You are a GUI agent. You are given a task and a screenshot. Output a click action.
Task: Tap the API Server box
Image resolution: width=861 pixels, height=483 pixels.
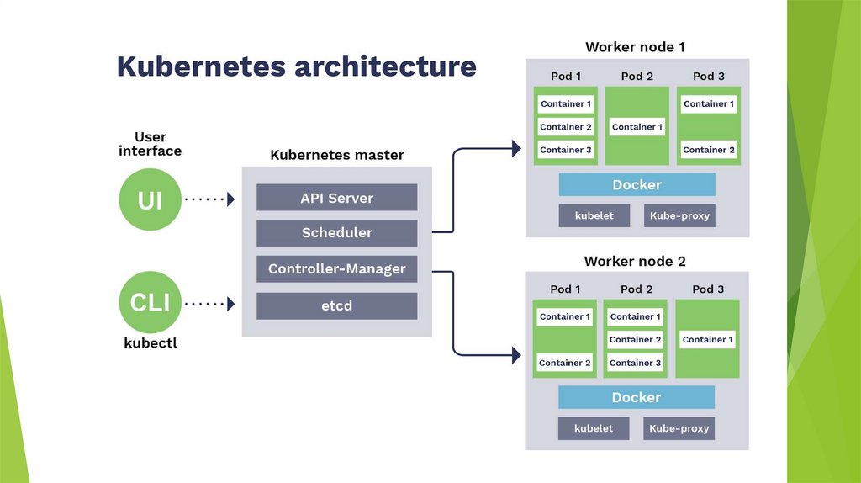tap(336, 198)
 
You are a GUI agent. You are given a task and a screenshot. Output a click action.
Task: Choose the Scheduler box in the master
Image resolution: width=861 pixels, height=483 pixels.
tap(336, 233)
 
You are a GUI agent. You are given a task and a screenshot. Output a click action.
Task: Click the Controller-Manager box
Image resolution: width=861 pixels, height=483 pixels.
tap(336, 269)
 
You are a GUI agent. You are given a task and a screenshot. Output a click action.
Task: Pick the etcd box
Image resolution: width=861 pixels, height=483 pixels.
tap(336, 305)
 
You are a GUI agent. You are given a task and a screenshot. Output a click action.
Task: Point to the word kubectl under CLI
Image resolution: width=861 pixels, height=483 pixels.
tap(151, 343)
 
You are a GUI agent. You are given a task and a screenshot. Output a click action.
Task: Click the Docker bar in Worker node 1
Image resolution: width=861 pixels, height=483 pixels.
tap(637, 184)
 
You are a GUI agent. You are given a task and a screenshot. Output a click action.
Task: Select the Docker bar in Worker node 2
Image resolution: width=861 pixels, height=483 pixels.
tap(636, 397)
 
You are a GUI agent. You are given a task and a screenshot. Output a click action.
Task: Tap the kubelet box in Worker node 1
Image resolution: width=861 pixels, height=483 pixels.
tap(594, 215)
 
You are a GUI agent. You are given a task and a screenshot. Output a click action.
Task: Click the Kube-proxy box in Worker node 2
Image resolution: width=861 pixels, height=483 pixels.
tap(679, 428)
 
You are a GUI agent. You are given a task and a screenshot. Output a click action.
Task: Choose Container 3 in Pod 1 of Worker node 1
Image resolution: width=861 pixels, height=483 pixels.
tap(566, 150)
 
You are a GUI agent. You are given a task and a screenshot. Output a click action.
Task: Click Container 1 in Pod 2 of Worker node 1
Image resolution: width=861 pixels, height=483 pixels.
tap(637, 127)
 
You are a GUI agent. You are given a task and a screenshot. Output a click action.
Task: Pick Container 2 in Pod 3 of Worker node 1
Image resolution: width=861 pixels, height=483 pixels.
tap(709, 150)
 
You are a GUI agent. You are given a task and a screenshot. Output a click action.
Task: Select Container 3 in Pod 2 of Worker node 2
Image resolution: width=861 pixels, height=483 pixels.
tap(636, 363)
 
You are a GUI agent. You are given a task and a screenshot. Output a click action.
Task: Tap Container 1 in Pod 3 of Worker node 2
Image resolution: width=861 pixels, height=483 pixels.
tap(708, 340)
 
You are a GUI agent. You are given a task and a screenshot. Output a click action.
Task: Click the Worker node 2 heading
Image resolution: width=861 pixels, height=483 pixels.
tap(635, 261)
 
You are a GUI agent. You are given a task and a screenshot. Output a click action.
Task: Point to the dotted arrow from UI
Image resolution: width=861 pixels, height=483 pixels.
tap(209, 199)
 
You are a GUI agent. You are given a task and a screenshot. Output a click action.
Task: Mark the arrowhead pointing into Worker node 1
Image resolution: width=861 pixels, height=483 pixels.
tap(515, 149)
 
